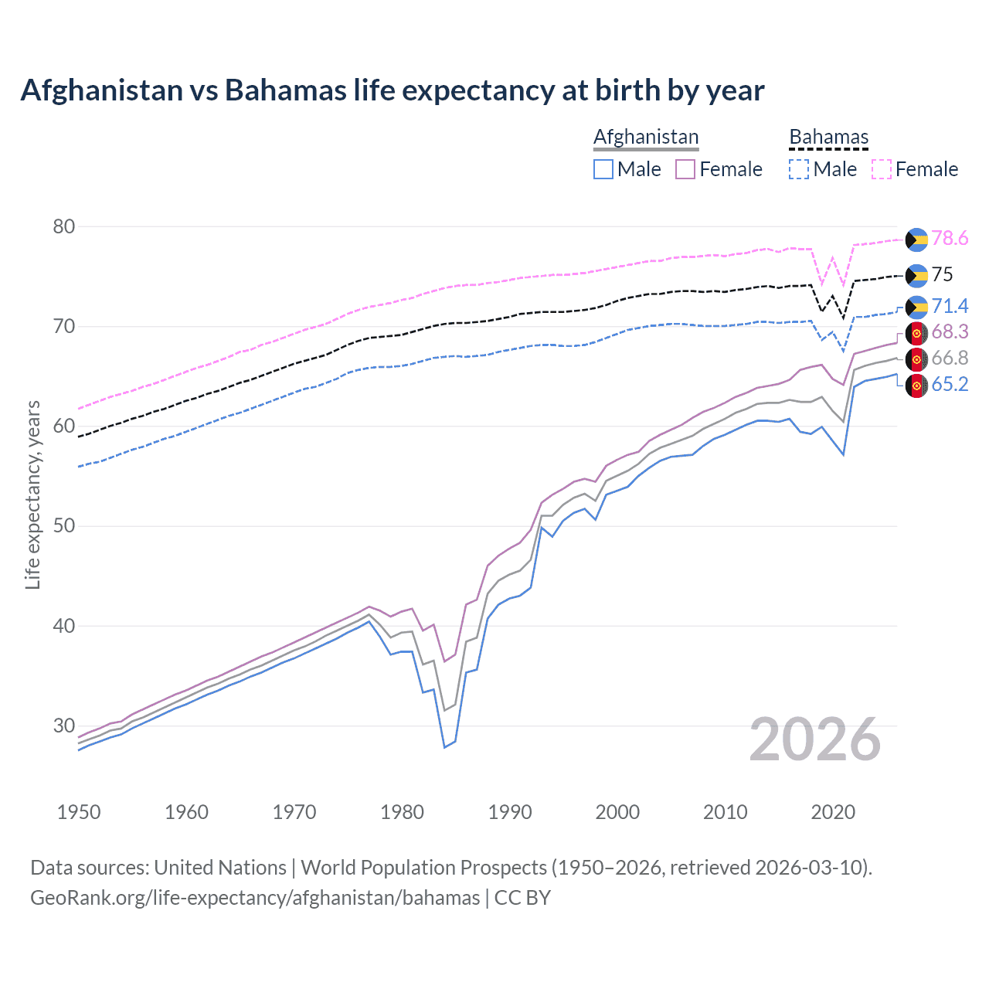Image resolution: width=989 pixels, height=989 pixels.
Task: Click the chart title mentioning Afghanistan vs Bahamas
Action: (393, 90)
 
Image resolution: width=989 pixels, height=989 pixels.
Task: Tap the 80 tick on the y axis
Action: (64, 226)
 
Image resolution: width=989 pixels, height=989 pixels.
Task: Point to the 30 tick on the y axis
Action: (64, 726)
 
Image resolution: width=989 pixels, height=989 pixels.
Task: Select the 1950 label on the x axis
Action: (79, 812)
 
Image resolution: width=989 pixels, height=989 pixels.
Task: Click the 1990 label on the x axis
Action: (510, 812)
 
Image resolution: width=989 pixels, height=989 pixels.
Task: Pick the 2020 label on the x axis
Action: (833, 812)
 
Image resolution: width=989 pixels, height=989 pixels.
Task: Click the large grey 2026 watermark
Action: (815, 740)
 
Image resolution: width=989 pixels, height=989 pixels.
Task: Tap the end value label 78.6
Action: (950, 239)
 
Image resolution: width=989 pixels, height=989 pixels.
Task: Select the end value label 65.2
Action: (950, 384)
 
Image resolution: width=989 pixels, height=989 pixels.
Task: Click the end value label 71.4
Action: (950, 306)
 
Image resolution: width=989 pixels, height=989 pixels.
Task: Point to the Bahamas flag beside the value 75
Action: (916, 275)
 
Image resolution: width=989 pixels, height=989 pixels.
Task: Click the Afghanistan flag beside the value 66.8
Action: (916, 359)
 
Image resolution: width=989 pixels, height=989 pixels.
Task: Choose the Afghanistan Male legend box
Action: (603, 169)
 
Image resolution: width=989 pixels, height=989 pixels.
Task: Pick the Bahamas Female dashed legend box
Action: (882, 169)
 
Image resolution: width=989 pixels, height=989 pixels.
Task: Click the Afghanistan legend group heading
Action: (646, 137)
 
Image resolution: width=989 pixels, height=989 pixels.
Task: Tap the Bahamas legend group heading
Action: (828, 137)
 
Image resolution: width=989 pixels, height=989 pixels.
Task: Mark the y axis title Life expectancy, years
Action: (32, 494)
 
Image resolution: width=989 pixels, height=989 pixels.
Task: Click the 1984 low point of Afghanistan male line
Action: (444, 747)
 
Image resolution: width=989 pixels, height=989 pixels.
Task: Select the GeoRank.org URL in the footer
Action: (255, 898)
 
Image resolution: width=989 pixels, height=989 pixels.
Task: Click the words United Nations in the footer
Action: (220, 867)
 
